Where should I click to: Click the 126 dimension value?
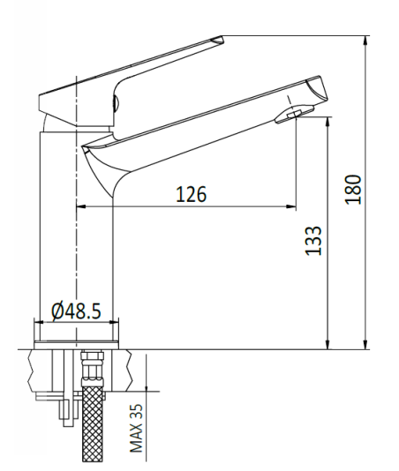192,194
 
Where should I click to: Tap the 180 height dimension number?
353,190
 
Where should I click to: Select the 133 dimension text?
313,241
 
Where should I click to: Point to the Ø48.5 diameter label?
77,310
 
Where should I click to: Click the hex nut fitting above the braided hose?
92,370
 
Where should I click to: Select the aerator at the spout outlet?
294,115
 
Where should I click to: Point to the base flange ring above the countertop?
77,346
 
